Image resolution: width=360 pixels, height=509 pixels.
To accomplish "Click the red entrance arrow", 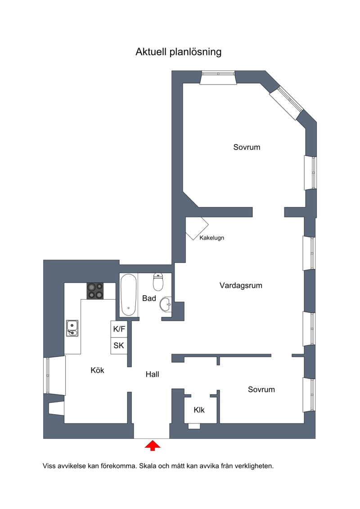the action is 153,446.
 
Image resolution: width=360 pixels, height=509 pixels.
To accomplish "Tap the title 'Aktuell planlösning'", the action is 179,52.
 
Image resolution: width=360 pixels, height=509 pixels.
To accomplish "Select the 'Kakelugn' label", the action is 211,238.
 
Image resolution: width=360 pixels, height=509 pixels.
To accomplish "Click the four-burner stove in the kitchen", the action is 95,291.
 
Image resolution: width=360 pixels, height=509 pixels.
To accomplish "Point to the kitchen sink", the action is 72,328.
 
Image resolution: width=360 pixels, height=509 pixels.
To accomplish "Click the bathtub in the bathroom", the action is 128,295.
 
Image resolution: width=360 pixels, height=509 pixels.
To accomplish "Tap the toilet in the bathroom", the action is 158,282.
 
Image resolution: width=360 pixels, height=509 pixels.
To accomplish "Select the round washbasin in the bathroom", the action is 165,304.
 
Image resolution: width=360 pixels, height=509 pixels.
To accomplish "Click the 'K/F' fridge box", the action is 119,329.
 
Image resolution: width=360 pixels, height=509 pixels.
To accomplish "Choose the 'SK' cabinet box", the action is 119,346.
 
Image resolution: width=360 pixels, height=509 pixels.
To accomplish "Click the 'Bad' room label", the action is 149,298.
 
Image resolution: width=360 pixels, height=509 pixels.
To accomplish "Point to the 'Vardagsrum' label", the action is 241,286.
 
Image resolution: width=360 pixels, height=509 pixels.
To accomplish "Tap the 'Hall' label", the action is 152,374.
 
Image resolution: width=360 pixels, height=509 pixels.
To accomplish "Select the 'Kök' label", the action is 97,370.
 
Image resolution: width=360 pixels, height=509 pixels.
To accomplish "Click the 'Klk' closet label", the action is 199,410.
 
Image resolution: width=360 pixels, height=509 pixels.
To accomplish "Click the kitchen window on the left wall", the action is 54,375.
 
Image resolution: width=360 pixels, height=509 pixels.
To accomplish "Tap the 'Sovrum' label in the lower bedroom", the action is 261,390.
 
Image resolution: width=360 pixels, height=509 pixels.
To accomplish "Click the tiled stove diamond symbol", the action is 197,229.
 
